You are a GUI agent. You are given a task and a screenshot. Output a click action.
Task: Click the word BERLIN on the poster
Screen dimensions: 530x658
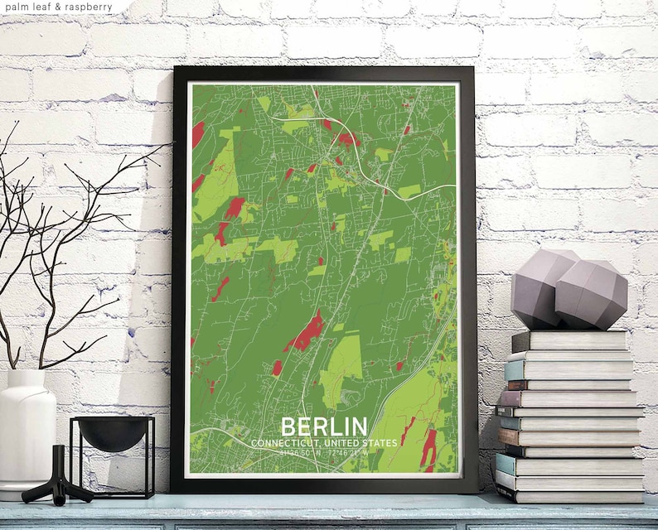pyautogui.click(x=324, y=426)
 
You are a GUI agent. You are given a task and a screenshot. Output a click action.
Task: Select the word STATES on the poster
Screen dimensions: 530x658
pyautogui.click(x=379, y=443)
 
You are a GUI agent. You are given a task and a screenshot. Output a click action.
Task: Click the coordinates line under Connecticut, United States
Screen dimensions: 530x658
pyautogui.click(x=324, y=452)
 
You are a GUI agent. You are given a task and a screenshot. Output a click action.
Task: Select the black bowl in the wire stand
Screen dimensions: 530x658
pyautogui.click(x=113, y=433)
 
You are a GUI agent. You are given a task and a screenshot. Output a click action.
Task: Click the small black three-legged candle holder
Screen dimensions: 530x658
pyautogui.click(x=56, y=479)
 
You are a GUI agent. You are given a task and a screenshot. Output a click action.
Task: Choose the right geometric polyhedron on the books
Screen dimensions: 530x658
pyautogui.click(x=591, y=294)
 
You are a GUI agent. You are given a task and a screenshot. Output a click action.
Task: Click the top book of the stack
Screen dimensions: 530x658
pyautogui.click(x=569, y=340)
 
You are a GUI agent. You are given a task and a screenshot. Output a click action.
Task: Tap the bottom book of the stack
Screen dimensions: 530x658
pyautogui.click(x=572, y=495)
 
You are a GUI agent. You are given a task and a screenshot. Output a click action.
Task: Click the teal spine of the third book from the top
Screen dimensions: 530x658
pyautogui.click(x=514, y=371)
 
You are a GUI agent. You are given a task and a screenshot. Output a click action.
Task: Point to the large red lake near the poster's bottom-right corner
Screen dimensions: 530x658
pyautogui.click(x=428, y=447)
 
